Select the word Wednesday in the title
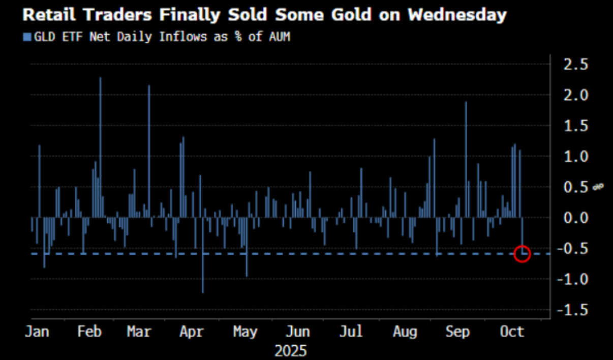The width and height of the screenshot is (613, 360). point(457,15)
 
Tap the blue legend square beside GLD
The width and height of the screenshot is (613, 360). point(27,37)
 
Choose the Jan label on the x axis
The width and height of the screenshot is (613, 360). point(37,332)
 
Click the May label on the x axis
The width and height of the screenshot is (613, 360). point(245,332)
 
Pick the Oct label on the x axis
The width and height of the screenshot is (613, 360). point(512,332)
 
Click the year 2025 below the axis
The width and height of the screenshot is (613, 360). point(291,351)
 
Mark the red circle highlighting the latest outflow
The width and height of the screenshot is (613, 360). point(523,253)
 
